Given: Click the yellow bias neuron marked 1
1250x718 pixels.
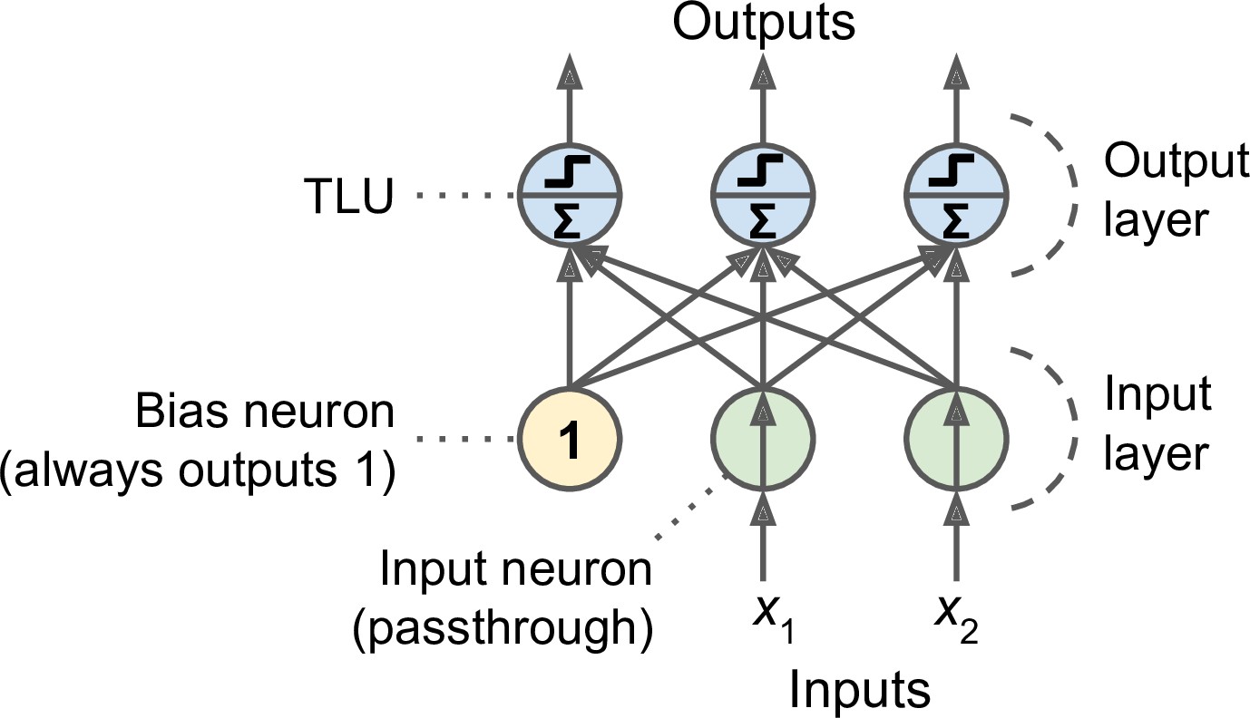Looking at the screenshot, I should point(569,441).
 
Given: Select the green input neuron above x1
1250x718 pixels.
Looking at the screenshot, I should point(763,441).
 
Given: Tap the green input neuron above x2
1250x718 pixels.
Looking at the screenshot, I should point(955,441).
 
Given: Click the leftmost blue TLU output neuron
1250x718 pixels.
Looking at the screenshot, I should point(569,195).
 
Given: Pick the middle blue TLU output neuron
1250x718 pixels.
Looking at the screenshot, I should point(763,195).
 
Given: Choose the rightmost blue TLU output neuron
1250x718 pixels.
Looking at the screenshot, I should point(955,195).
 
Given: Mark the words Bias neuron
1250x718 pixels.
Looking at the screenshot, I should point(265,413).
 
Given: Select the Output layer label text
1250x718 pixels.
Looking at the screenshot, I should point(1174,191).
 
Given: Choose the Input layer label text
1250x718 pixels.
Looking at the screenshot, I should point(1156,424).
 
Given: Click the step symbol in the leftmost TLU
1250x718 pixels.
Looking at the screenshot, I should point(569,170).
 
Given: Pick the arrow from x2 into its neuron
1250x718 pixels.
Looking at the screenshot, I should point(955,535).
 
